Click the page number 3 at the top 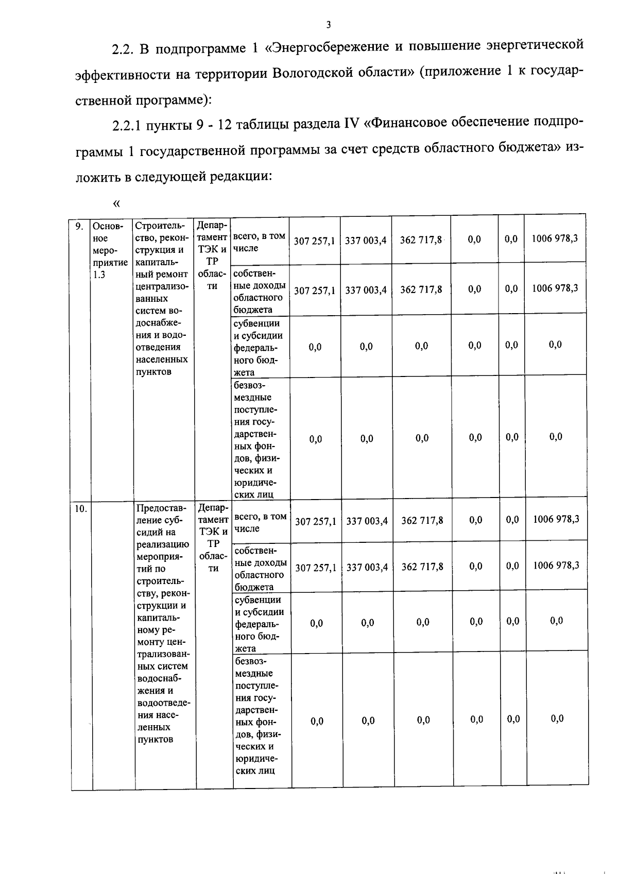[x=328, y=24]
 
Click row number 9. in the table [x=79, y=226]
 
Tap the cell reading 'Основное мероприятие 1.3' [x=110, y=250]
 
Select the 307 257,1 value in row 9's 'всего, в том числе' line [x=314, y=241]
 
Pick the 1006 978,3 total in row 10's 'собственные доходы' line [x=556, y=565]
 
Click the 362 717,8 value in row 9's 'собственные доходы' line [x=421, y=289]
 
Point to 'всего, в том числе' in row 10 [x=260, y=523]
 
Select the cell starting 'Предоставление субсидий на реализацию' [x=162, y=623]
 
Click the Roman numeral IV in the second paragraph [x=350, y=124]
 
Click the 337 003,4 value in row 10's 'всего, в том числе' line [x=367, y=521]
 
